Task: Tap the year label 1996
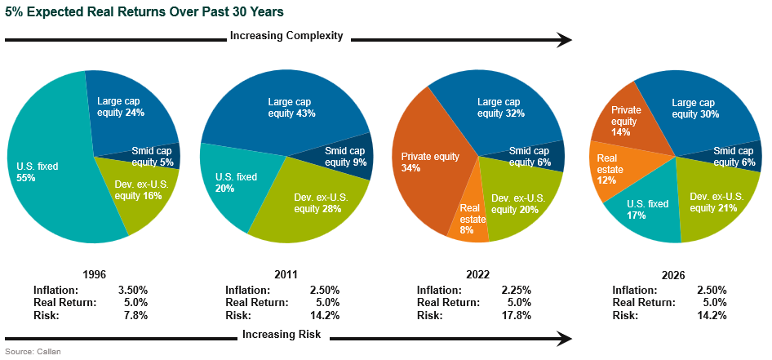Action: (95, 274)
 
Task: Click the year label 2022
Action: (480, 274)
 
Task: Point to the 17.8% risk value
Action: (517, 315)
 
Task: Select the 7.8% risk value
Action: (134, 315)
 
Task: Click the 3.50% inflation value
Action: (131, 290)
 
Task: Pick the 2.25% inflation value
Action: (515, 290)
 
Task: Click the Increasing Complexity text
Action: (286, 36)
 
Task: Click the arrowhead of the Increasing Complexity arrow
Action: (563, 38)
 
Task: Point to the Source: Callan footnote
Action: (32, 352)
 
